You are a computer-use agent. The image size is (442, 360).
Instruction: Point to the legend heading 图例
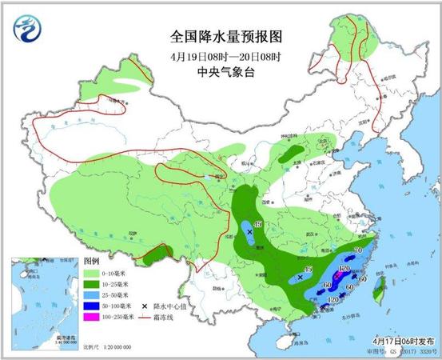(x=91, y=261)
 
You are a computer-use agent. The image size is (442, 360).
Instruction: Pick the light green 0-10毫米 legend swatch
(x=91, y=273)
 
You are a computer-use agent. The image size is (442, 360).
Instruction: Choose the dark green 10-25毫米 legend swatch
(x=91, y=284)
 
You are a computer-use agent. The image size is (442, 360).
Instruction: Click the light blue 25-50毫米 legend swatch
(x=91, y=295)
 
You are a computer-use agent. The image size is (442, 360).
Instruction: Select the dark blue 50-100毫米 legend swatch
(x=91, y=306)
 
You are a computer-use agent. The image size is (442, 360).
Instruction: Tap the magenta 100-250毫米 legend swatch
(x=91, y=318)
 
